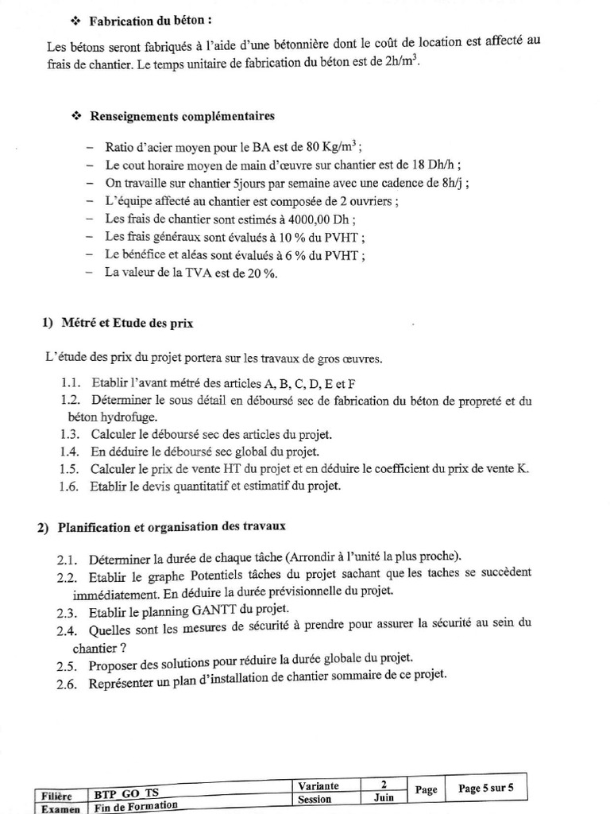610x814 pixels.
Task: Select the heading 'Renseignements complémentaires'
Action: [182, 116]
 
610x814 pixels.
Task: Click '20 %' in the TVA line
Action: [261, 273]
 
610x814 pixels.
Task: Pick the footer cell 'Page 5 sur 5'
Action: [485, 789]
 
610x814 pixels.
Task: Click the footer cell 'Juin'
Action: [382, 799]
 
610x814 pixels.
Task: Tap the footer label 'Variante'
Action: [319, 785]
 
